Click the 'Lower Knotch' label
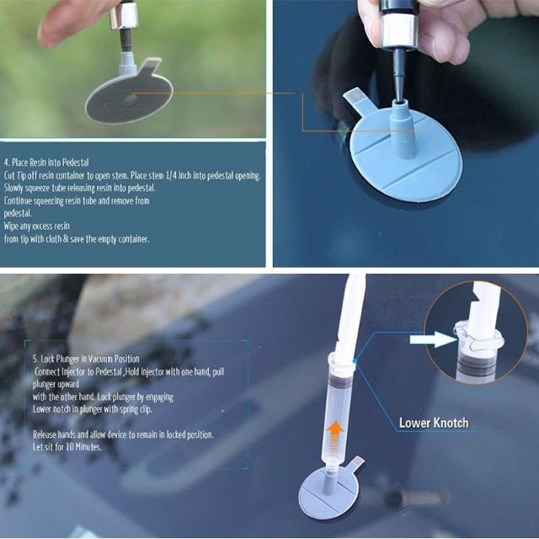pos(434,423)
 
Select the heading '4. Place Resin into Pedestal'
pos(56,161)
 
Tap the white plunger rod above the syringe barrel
pos(349,312)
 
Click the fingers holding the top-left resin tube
pos(67,19)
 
